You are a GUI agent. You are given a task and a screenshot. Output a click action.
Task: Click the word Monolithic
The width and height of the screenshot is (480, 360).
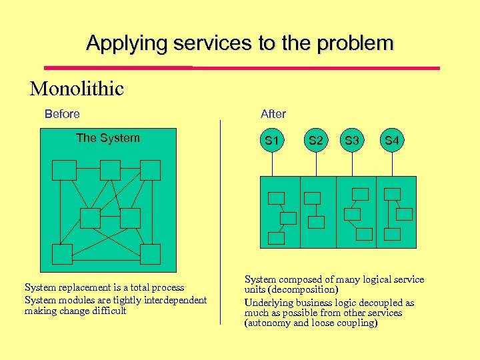[x=77, y=89]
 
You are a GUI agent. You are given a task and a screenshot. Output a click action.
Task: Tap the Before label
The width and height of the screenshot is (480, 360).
[x=62, y=114]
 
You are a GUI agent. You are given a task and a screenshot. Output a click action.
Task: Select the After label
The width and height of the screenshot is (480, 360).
[x=273, y=114]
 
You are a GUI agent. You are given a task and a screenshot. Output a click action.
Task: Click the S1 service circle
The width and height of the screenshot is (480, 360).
[x=271, y=141]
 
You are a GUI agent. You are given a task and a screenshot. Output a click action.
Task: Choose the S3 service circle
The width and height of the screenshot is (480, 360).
[x=352, y=141]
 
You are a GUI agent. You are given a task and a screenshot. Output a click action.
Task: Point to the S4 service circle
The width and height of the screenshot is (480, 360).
[x=391, y=141]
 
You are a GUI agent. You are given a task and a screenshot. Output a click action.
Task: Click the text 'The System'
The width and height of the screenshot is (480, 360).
[x=108, y=138]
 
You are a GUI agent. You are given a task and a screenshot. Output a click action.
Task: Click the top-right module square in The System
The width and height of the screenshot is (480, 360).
[x=151, y=171]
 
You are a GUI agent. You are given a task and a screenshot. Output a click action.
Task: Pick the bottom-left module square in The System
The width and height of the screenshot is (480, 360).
[x=63, y=254]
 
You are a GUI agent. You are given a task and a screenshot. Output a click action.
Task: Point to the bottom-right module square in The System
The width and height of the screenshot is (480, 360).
[x=151, y=254]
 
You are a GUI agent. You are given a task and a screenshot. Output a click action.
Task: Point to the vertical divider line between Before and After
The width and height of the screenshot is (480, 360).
[x=221, y=220]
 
